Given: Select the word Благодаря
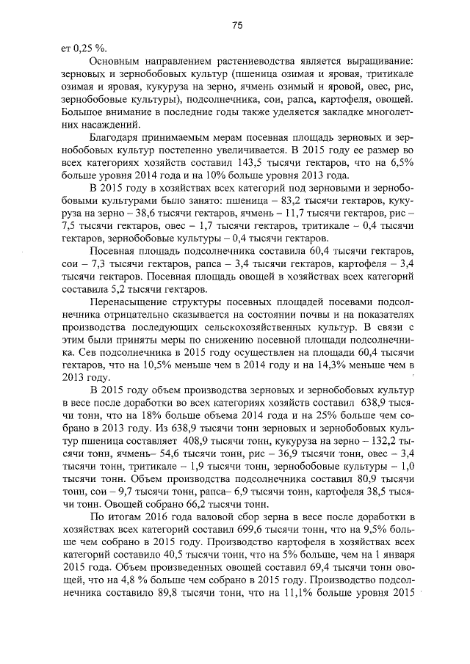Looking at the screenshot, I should (116, 137).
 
